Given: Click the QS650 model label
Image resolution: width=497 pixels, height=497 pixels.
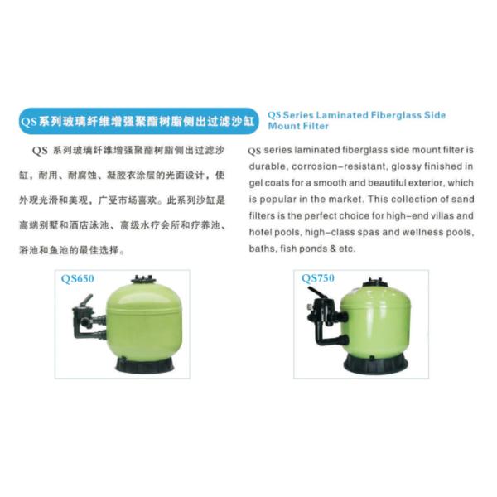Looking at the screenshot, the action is point(78,279).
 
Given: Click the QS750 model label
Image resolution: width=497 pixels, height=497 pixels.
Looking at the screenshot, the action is point(318,278).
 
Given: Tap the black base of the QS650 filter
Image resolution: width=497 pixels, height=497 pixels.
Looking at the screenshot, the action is point(144,364).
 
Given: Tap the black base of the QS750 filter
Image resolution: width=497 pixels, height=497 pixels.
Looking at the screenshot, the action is point(375,364).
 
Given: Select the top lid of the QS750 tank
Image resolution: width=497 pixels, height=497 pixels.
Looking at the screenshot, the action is point(376,282).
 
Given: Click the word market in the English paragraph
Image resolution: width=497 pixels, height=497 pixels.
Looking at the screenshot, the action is point(345,200).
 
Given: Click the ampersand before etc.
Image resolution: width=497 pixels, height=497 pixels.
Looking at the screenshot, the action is point(332,248).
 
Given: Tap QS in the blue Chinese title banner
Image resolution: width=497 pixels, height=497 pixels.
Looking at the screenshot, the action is point(29,122).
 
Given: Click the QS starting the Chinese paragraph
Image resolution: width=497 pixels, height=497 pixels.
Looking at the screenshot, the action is point(40,151).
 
